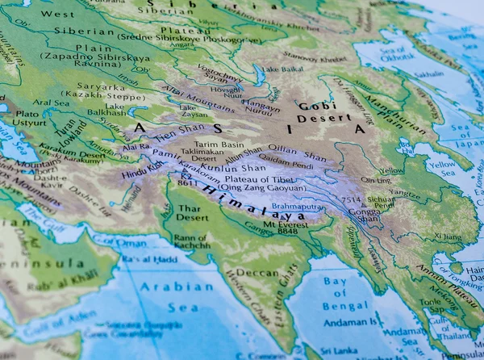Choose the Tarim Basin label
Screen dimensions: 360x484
[220, 144]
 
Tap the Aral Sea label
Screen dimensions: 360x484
[52, 103]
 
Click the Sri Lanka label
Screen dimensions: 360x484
[338, 350]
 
